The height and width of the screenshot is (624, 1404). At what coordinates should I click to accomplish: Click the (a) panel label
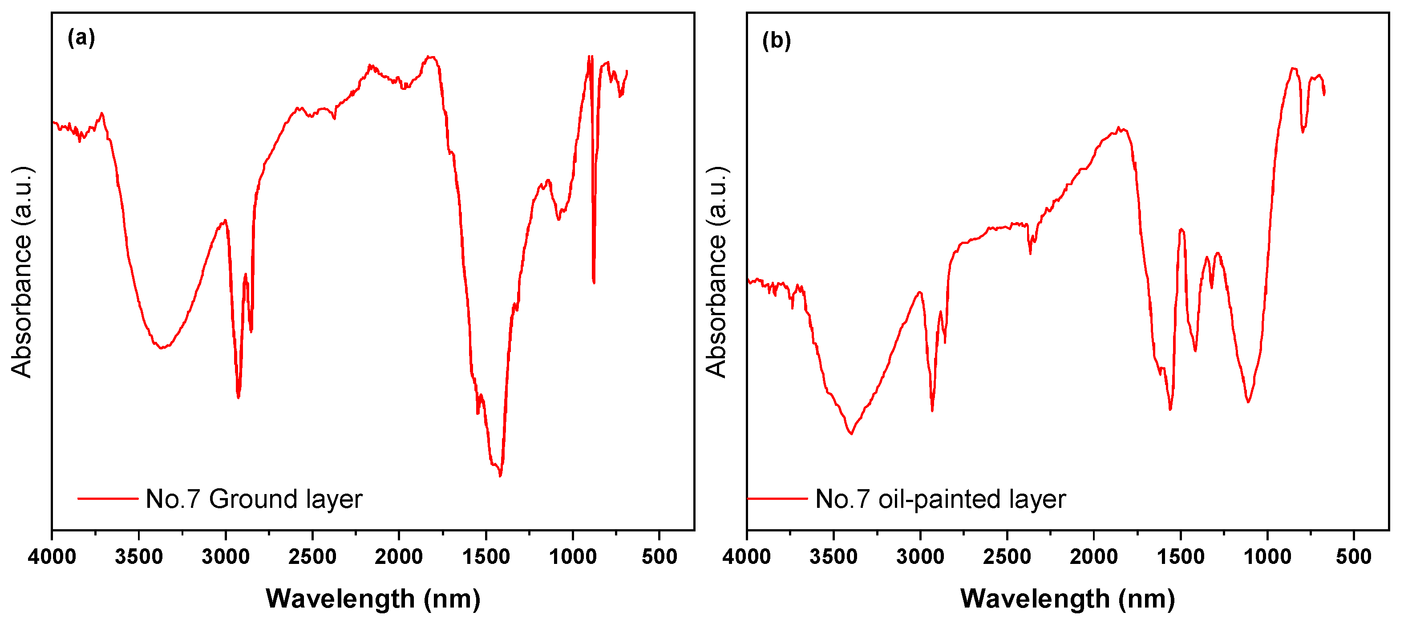pyautogui.click(x=81, y=38)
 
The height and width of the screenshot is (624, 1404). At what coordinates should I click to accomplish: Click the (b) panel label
pyautogui.click(x=776, y=41)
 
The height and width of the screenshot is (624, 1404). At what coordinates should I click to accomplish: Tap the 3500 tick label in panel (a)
pyautogui.click(x=138, y=557)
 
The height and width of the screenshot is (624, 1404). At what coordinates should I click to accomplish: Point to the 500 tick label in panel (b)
pyautogui.click(x=1354, y=557)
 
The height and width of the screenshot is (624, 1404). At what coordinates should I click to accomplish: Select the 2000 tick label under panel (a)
pyautogui.click(x=399, y=557)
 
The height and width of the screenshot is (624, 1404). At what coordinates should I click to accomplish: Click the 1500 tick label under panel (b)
pyautogui.click(x=1181, y=557)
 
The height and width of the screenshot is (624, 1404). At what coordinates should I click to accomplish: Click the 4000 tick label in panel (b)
pyautogui.click(x=747, y=557)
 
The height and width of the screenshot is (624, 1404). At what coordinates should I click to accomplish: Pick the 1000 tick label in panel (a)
pyautogui.click(x=572, y=557)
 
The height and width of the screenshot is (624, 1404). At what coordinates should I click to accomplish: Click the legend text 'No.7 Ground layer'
pyautogui.click(x=254, y=499)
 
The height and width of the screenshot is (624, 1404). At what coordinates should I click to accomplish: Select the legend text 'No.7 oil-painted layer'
pyautogui.click(x=940, y=499)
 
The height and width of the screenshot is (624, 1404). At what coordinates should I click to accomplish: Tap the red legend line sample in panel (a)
pyautogui.click(x=108, y=498)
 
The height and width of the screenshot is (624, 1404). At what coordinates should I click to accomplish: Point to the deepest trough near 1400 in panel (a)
pyautogui.click(x=500, y=475)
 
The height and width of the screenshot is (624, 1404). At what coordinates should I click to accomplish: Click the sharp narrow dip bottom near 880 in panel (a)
pyautogui.click(x=594, y=282)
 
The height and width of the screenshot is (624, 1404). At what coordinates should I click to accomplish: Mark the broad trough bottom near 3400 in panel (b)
pyautogui.click(x=851, y=433)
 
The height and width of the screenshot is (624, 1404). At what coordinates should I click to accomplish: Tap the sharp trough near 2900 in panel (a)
pyautogui.click(x=238, y=397)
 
